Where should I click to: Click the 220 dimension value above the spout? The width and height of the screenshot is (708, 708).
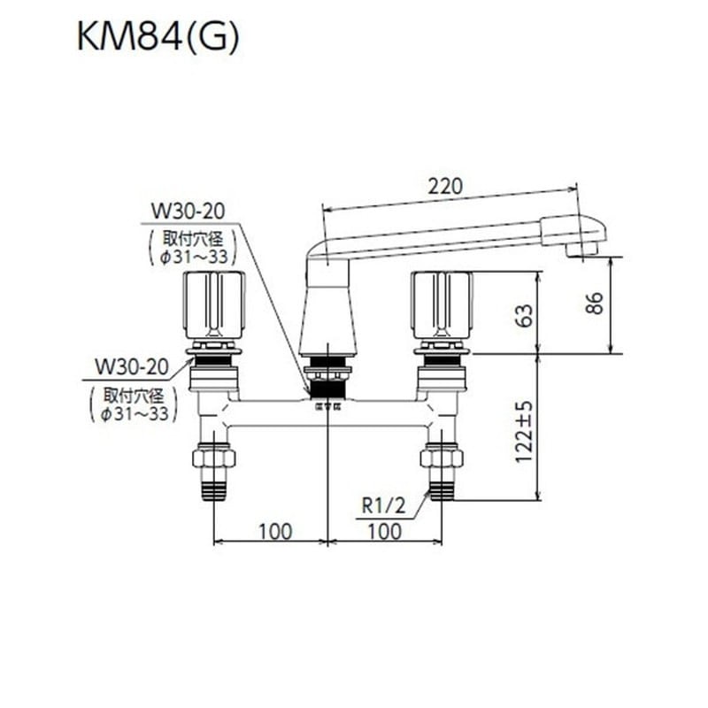click(x=444, y=186)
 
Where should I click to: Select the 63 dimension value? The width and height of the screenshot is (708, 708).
click(x=524, y=314)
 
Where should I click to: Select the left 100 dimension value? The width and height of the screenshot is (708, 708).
click(x=274, y=531)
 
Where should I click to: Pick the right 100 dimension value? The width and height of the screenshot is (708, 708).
click(x=383, y=531)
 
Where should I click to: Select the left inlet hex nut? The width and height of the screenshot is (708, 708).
click(x=215, y=460)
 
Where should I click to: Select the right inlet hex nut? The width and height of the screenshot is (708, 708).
click(x=442, y=460)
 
